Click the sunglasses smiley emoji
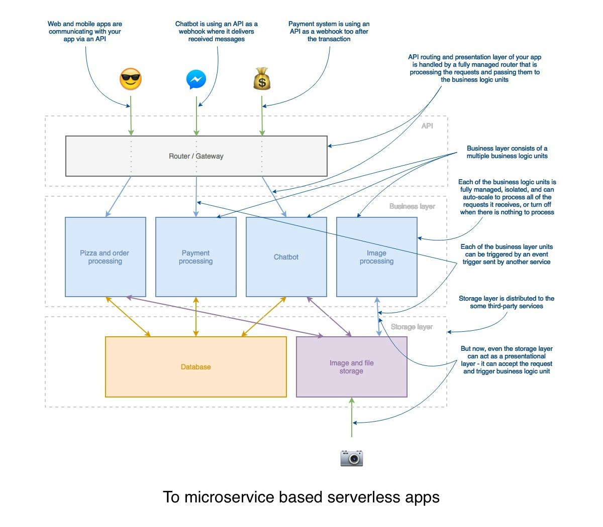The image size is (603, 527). point(131,79)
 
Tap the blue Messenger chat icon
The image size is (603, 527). point(196,79)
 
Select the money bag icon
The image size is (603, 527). point(262,79)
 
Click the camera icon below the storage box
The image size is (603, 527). point(351,458)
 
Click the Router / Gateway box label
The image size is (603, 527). point(196,156)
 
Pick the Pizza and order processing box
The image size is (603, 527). point(105,257)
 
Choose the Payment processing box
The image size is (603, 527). point(195,257)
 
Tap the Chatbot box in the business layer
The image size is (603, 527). point(286,257)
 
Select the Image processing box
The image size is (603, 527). point(376,257)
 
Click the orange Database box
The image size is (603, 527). point(195,367)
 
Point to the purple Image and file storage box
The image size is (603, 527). point(351,367)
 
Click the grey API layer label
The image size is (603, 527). point(427,126)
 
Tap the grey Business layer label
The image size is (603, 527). point(412,206)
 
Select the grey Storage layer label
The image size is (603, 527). point(412,327)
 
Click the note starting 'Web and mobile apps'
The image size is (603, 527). point(85,31)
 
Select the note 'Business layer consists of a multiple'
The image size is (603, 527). point(507,152)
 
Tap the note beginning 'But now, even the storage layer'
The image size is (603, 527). point(507,360)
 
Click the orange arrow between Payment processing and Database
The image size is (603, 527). point(196,317)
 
